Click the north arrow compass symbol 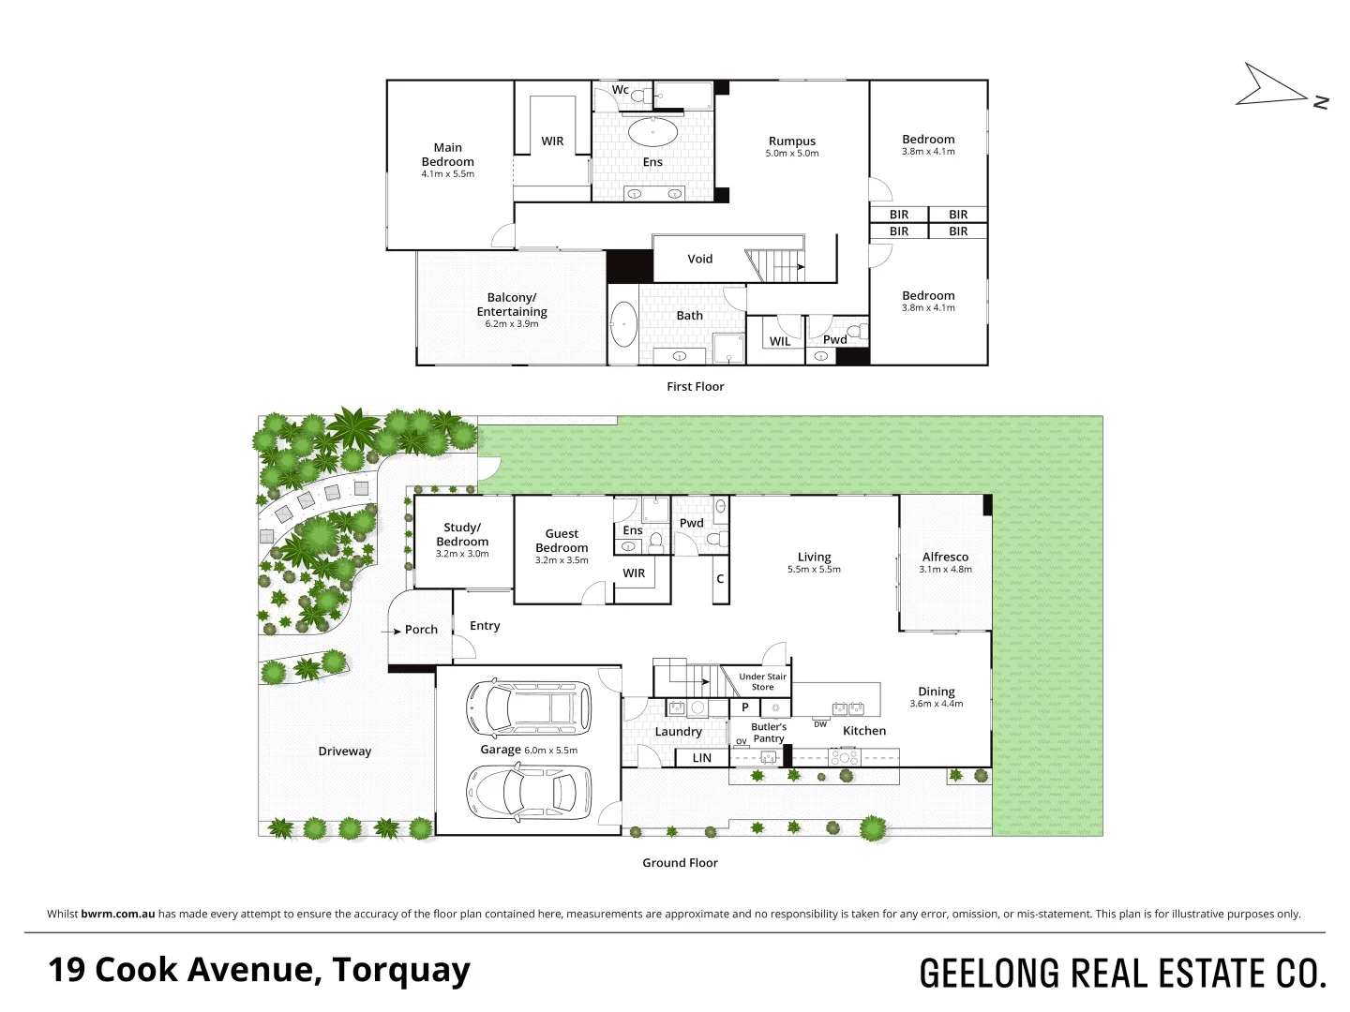click(1275, 86)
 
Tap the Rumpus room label click(792, 141)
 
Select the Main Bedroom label click(447, 155)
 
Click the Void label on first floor click(699, 260)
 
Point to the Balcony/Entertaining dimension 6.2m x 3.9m click(512, 324)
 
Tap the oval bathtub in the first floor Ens click(652, 132)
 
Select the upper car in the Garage click(530, 708)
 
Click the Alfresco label click(945, 557)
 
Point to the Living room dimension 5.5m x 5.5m click(814, 570)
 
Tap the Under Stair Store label click(762, 681)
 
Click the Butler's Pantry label click(769, 733)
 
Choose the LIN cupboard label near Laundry click(701, 758)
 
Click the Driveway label click(344, 752)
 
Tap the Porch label click(421, 630)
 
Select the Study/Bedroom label click(462, 534)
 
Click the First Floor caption click(695, 387)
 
